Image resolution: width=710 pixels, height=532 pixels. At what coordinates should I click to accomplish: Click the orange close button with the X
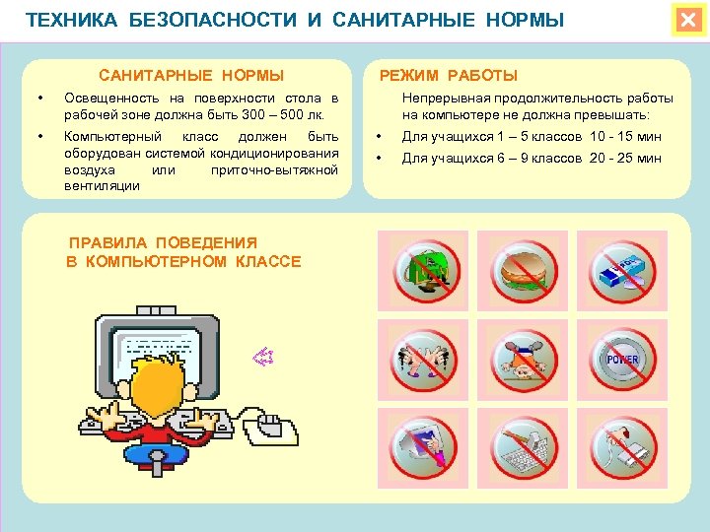click(x=687, y=20)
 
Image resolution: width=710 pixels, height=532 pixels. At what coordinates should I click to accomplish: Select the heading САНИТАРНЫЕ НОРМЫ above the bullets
click(x=191, y=76)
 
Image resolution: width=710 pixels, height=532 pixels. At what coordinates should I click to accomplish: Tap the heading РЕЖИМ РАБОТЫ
click(x=449, y=76)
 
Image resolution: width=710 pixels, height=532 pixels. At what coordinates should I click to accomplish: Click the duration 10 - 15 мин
click(x=625, y=137)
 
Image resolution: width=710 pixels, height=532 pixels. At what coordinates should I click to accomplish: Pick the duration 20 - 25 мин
click(x=625, y=159)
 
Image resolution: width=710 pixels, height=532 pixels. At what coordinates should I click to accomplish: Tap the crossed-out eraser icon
click(x=621, y=268)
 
